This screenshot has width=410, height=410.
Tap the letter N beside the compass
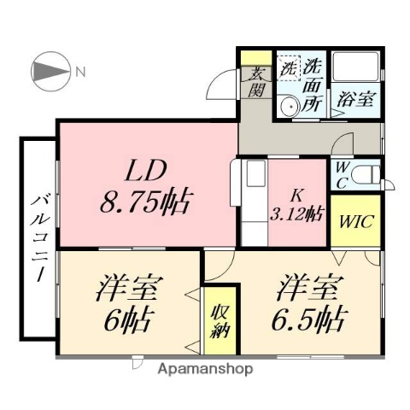(x=79, y=71)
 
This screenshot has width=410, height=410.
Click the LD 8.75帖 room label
(x=143, y=188)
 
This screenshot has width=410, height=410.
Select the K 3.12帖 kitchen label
(x=298, y=203)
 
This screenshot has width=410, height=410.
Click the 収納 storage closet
(x=218, y=317)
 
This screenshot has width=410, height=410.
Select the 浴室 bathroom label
(x=354, y=98)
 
